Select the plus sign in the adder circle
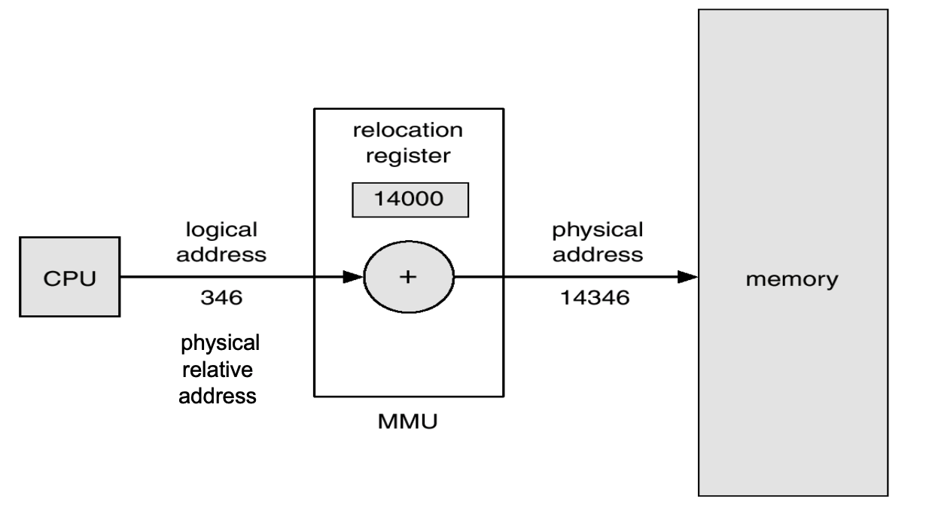[407, 277]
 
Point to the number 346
[221, 299]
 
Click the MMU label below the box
[409, 421]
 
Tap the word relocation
[409, 130]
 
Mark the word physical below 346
[220, 343]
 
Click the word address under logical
[227, 254]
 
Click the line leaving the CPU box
[226, 277]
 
